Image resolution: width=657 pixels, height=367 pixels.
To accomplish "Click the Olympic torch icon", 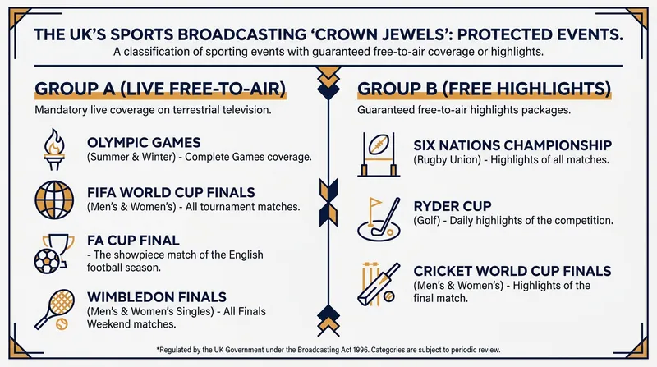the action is (54, 149).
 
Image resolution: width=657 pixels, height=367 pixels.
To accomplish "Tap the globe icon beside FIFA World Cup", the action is (54, 200).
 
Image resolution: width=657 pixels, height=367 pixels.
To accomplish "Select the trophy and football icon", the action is (54, 254).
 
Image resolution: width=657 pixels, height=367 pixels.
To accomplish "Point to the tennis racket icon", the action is (55, 310).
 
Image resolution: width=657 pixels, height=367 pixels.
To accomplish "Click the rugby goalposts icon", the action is (379, 154).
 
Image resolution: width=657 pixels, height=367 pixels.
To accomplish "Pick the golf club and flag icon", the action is (379, 219).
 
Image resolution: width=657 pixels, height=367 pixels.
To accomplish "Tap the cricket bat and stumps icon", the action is (379, 284).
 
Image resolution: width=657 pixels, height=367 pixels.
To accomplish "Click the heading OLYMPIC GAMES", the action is (144, 142).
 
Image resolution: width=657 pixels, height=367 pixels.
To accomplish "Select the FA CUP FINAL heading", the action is (133, 241).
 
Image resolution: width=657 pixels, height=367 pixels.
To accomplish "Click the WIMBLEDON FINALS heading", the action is (157, 297).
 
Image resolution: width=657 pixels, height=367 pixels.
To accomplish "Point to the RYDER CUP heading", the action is (453, 206).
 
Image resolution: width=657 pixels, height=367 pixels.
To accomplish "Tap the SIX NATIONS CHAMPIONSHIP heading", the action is (512, 145).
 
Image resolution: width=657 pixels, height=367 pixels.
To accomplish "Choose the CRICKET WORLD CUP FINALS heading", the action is (512, 271).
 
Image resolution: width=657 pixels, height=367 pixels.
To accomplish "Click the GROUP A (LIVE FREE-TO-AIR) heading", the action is (160, 89).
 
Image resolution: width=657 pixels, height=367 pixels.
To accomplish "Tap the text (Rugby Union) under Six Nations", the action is (447, 159).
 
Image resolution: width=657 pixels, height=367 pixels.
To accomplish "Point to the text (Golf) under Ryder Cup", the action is (427, 220).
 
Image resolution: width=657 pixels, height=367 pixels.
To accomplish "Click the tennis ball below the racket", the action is (62, 323).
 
